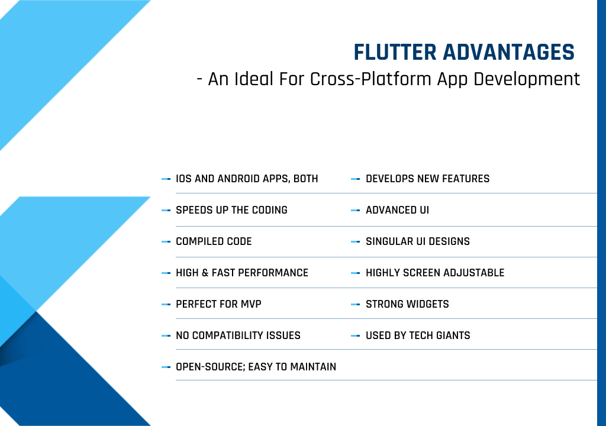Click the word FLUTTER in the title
pos(395,53)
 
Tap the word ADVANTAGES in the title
pos(508,53)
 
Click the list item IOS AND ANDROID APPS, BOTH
pos(247,179)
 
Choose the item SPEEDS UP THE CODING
pos(231,210)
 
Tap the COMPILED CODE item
pos(214,241)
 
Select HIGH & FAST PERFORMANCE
pos(242,273)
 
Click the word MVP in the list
pos(251,304)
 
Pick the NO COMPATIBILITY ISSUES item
pos(238,335)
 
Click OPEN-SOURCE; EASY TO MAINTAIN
pos(256,366)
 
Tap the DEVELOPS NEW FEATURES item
pos(427,179)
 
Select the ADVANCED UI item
pos(397,210)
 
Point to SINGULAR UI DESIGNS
pos(418,241)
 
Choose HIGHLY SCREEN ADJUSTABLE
pos(435,273)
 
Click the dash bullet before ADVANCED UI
pos(355,210)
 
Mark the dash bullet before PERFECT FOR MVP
pos(166,304)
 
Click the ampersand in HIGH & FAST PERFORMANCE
pos(205,273)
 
